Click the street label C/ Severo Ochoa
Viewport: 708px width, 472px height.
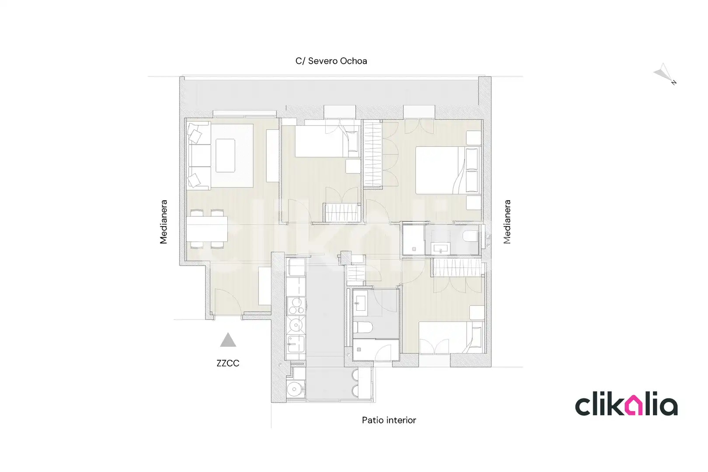pyautogui.click(x=331, y=61)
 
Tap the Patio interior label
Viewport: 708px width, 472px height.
pyautogui.click(x=389, y=420)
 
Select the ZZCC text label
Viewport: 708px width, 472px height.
pyautogui.click(x=228, y=363)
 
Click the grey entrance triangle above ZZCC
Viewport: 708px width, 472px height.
pyautogui.click(x=228, y=340)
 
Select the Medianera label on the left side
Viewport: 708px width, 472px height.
pyautogui.click(x=163, y=222)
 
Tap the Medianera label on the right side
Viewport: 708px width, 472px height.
pyautogui.click(x=507, y=222)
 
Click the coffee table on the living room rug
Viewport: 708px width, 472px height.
pyautogui.click(x=226, y=156)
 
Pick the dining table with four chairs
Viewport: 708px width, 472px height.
pyautogui.click(x=207, y=229)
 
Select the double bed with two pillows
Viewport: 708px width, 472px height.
pyautogui.click(x=448, y=170)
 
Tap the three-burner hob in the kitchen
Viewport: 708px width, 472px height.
pyautogui.click(x=296, y=306)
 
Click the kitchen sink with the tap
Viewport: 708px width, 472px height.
pyautogui.click(x=296, y=344)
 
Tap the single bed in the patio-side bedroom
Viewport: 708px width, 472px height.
pyautogui.click(x=451, y=337)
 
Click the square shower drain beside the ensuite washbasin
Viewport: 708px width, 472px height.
pyautogui.click(x=414, y=249)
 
